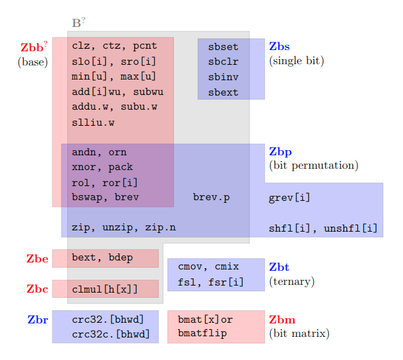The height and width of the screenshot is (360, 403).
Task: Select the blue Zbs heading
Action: [x=279, y=46]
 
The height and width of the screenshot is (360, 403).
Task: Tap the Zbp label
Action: [x=280, y=152]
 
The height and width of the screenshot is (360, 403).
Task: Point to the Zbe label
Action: [x=37, y=259]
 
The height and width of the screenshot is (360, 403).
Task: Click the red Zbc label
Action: [x=37, y=289]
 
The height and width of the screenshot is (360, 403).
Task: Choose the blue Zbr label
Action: [x=38, y=320]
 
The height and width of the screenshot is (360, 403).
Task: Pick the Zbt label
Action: [x=279, y=267]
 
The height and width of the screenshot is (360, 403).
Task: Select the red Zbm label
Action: [x=282, y=320]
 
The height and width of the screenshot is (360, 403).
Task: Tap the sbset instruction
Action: [x=223, y=47]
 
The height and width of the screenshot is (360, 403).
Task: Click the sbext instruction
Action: [x=223, y=92]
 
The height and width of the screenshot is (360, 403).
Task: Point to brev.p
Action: [x=211, y=198]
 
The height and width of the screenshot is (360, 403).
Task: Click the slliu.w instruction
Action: [x=93, y=123]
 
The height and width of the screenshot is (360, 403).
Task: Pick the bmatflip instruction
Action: [x=202, y=334]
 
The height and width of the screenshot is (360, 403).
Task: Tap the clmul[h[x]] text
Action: [x=105, y=289]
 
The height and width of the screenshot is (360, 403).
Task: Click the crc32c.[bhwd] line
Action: [x=110, y=334]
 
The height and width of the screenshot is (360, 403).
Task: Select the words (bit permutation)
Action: [x=313, y=166]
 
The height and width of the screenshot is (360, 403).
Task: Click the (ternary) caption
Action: [x=292, y=281]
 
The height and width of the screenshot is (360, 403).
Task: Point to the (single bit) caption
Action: [x=296, y=61]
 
